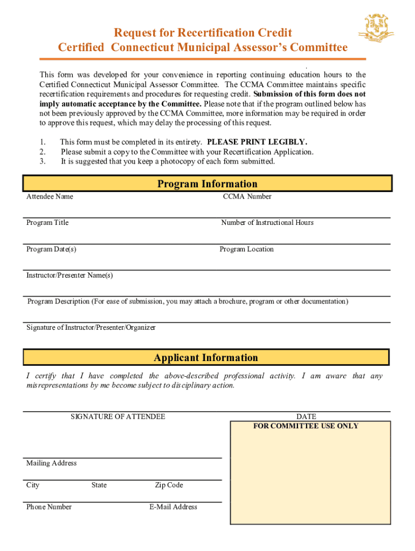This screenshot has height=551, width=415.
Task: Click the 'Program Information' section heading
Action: coord(207,184)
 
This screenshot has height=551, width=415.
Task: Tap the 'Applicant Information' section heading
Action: coord(206,358)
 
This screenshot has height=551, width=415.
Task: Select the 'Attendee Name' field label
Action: coord(50,196)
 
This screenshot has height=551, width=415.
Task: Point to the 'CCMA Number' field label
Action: coord(247,196)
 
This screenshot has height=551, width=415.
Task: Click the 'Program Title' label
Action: coord(47,222)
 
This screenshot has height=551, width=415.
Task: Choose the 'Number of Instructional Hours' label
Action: coord(267,222)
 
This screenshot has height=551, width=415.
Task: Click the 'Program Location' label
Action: coord(247,249)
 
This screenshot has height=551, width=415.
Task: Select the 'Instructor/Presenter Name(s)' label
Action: coord(70,275)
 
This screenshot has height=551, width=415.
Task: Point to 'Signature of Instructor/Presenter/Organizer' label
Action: coord(91,328)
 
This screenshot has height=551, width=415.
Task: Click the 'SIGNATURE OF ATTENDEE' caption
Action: coord(118,416)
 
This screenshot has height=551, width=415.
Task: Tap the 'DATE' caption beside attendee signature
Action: coord(306,416)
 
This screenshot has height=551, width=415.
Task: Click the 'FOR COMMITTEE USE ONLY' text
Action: coord(306,426)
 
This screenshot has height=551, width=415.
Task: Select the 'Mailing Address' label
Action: coord(52,463)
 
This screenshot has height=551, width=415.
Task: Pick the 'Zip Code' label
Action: coord(169,485)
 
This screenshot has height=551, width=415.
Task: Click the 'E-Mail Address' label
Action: coord(174,507)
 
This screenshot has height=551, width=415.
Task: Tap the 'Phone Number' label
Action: coord(49,507)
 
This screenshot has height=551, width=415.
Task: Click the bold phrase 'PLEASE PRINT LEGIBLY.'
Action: coord(257,142)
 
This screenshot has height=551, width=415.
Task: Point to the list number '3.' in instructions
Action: coord(43,161)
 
